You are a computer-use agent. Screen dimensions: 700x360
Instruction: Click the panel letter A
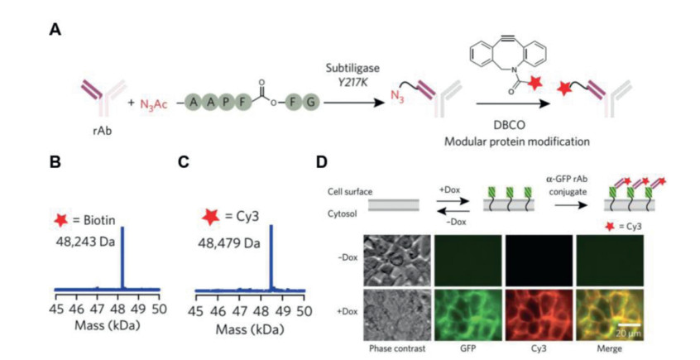(55, 31)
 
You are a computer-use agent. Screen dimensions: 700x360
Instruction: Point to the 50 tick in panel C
(304, 310)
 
